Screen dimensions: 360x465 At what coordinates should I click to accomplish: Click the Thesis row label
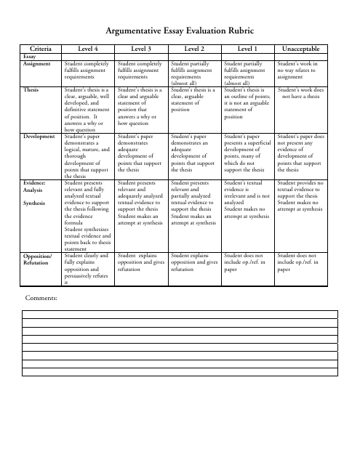(31, 89)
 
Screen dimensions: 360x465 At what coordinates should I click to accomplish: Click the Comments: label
(41, 297)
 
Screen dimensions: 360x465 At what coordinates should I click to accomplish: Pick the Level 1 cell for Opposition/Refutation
(247, 263)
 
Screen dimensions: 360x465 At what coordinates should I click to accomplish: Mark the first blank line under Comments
(180, 315)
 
